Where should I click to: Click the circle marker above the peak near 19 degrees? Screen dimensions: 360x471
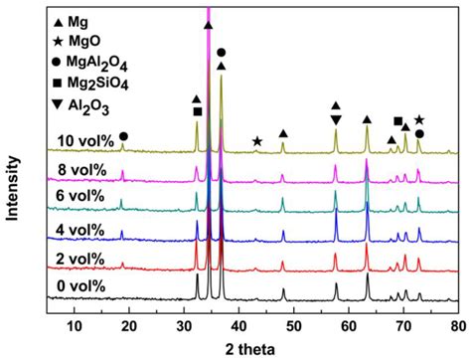click(123, 136)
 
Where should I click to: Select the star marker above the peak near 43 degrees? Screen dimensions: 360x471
click(257, 141)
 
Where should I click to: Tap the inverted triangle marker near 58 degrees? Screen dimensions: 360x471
click(336, 120)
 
